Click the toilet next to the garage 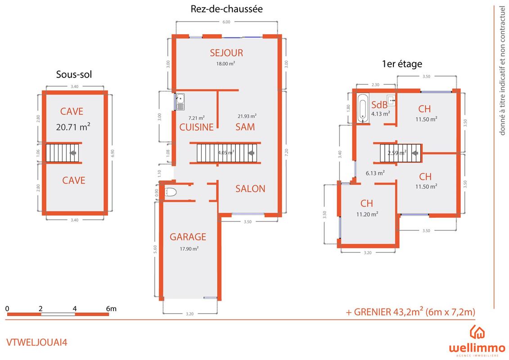171,192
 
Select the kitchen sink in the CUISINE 180,102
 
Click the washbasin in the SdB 392,101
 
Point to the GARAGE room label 188,237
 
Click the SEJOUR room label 226,53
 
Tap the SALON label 250,189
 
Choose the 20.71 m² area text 73,127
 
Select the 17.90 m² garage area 189,249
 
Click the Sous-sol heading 74,74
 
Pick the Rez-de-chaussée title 226,9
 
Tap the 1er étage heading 402,64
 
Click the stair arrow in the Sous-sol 73,153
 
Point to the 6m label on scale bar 111,309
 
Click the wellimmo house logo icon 477,332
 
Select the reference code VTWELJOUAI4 37,342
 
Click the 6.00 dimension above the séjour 226,22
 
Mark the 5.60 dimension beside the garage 155,249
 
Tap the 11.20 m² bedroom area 367,214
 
